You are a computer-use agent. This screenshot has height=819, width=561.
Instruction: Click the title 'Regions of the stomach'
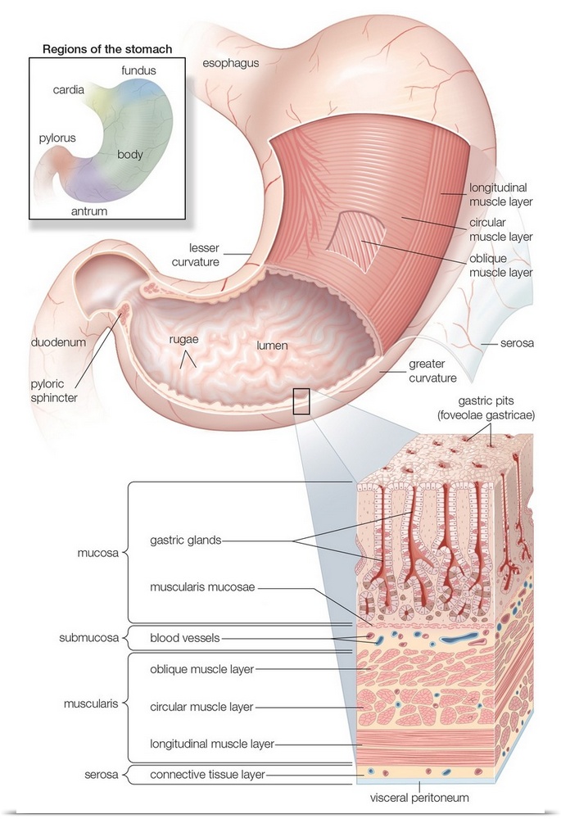[107, 49]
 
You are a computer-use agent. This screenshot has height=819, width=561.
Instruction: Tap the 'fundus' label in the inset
[138, 70]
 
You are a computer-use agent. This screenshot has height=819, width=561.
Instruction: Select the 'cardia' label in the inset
[68, 90]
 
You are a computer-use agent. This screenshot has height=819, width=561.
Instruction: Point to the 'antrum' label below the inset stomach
[88, 210]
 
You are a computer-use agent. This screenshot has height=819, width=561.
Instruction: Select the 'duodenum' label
[58, 342]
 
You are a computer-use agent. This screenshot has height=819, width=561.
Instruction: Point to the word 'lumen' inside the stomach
[271, 345]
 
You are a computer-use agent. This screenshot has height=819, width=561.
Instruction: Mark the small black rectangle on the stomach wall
[301, 401]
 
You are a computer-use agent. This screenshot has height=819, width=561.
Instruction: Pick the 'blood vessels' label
[185, 637]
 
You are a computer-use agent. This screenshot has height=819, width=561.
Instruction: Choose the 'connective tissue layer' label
[208, 773]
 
